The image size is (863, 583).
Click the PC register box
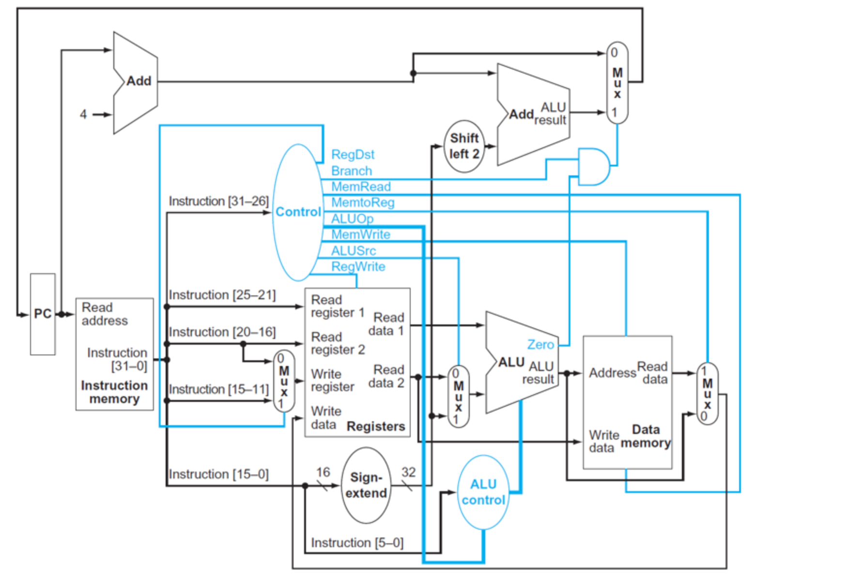43,314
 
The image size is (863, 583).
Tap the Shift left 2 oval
464,146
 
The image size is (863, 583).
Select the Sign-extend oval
366,485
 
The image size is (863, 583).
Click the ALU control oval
483,492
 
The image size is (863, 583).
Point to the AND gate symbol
593,167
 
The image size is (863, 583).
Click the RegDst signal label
353,154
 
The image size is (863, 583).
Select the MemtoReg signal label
362,202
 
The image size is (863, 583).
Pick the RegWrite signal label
358,266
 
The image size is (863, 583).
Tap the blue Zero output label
540,344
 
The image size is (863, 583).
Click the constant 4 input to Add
83,114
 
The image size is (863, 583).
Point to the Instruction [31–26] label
218,201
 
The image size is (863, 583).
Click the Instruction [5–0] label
357,542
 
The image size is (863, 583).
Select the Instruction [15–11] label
218,389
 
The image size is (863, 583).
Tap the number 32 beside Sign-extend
408,472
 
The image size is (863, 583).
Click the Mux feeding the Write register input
284,381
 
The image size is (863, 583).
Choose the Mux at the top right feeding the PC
617,82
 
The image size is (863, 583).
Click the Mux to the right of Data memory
707,393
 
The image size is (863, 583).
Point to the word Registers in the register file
375,426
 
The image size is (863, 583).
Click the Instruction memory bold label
114,392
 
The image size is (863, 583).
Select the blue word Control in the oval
298,212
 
